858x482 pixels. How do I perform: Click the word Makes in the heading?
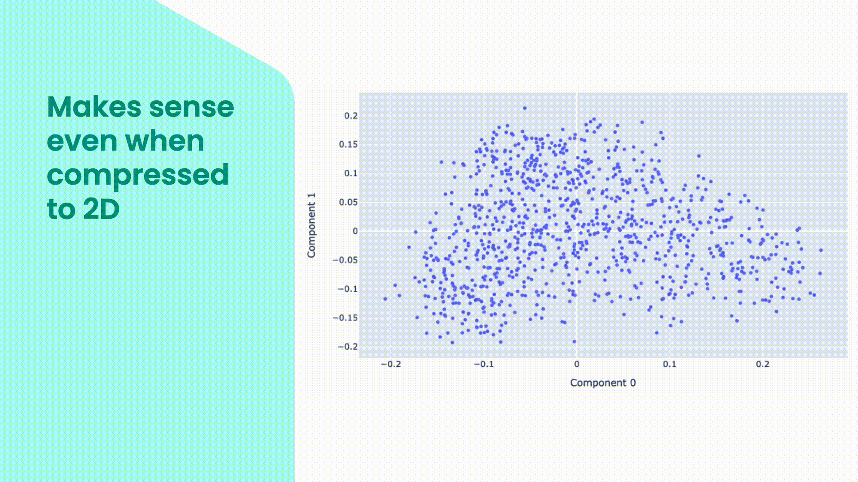[94, 107]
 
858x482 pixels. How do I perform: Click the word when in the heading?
[164, 141]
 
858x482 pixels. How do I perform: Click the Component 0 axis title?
[603, 383]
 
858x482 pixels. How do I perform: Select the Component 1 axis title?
[311, 225]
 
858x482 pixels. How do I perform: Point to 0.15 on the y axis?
[348, 144]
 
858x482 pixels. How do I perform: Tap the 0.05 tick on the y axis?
[348, 202]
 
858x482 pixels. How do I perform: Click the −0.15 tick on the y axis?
[345, 318]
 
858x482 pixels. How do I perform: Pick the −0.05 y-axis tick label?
[345, 260]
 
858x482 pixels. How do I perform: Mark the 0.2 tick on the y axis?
[350, 116]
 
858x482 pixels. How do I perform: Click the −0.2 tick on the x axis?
[391, 364]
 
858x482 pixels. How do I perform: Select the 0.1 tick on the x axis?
[670, 364]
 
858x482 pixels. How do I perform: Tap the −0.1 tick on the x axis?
[483, 364]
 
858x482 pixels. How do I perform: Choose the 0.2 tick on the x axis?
[763, 364]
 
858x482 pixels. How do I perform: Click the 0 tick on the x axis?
[577, 364]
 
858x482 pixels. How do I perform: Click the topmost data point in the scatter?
[525, 108]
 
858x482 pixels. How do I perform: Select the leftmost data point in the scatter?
[385, 299]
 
